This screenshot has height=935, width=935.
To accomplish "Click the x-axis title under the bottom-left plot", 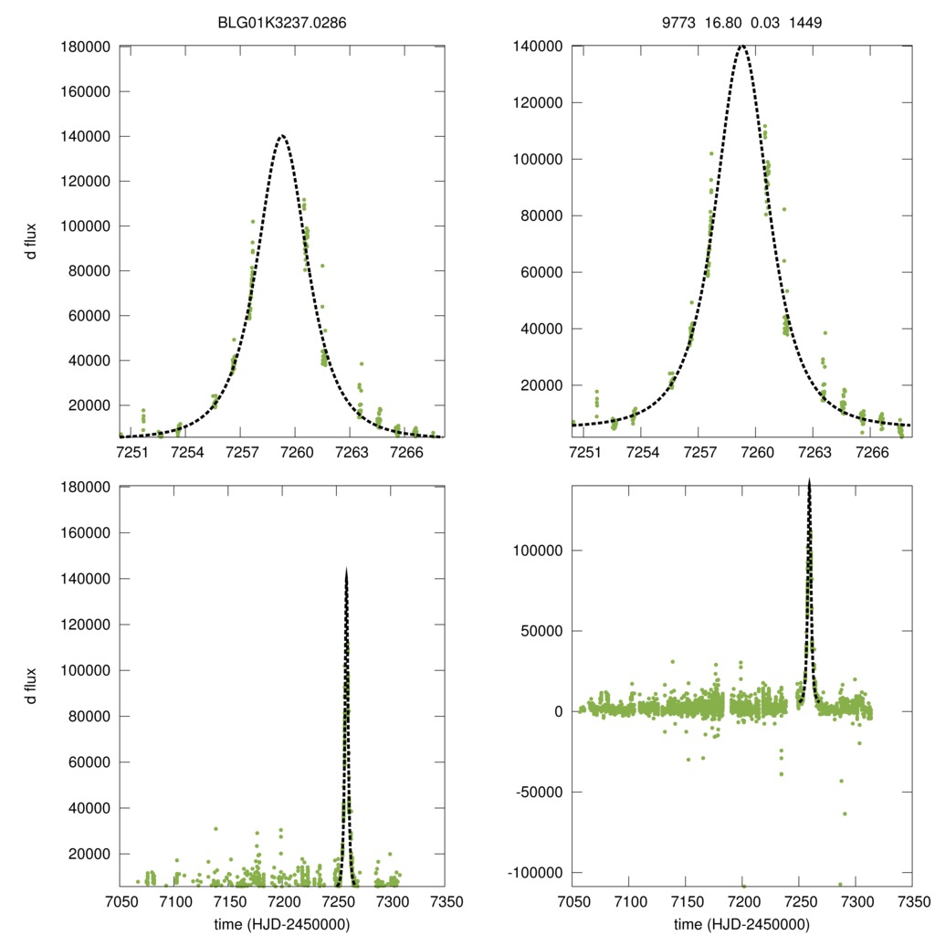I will pyautogui.click(x=282, y=924).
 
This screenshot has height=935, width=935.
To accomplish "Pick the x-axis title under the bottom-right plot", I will pyautogui.click(x=741, y=924).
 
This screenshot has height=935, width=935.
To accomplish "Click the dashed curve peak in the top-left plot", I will pyautogui.click(x=282, y=136).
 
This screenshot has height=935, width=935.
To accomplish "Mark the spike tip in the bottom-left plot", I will pyautogui.click(x=347, y=570).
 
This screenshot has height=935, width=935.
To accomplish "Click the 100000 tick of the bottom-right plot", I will pyautogui.click(x=539, y=551).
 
